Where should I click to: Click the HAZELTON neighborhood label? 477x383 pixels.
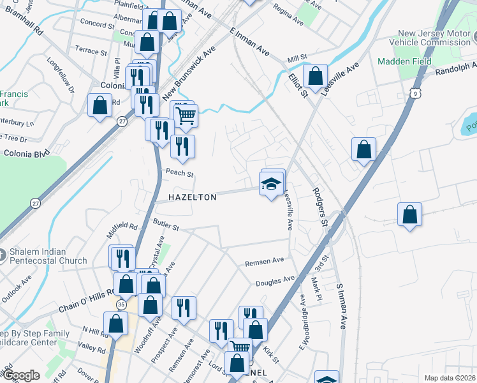193,198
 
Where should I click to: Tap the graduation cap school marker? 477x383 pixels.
271,184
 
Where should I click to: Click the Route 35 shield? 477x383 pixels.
121,305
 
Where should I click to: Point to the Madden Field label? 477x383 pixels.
404,62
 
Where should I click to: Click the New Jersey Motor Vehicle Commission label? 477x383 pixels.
434,38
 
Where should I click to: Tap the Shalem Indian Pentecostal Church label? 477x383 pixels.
47,256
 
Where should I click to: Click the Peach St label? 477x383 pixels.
179,173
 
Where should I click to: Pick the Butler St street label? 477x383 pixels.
166,223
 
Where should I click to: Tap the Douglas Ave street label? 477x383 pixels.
275,280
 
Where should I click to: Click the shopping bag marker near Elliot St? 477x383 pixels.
315,77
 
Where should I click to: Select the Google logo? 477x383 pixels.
21,375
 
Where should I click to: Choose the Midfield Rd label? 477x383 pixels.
123,226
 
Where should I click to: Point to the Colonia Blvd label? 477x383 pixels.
26,154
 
